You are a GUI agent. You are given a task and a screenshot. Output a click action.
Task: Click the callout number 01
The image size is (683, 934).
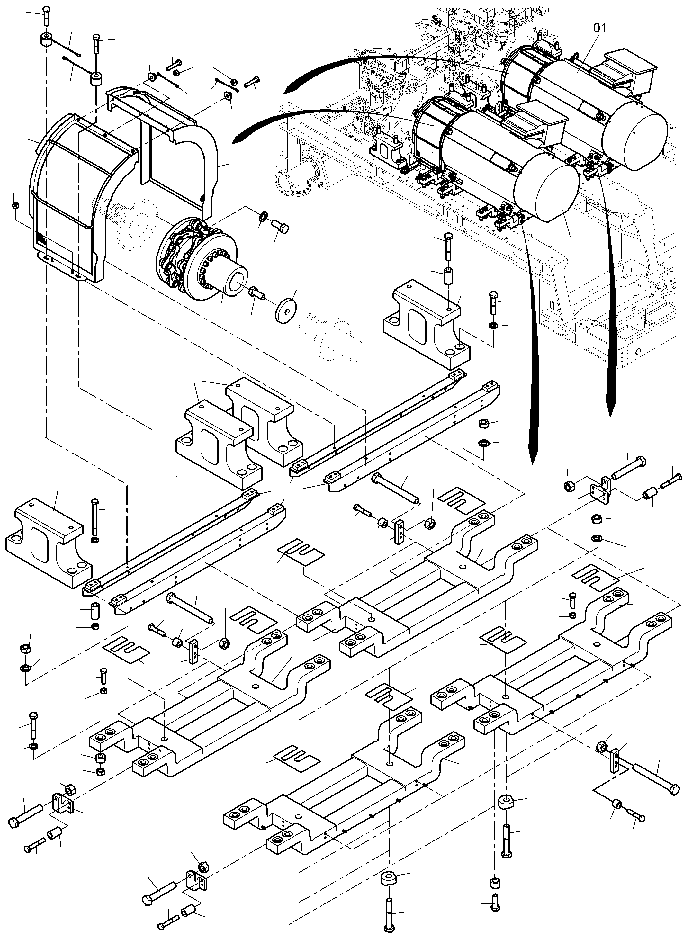[599, 28]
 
